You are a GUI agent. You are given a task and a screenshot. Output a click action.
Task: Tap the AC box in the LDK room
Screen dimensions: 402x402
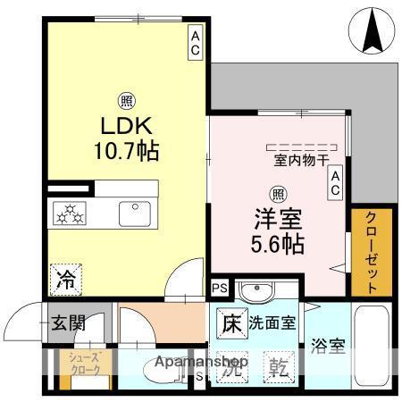click(x=194, y=43)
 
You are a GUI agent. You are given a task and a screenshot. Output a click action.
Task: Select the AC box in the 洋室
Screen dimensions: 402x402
click(x=336, y=184)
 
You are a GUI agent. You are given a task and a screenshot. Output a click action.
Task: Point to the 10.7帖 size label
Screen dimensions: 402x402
click(x=128, y=151)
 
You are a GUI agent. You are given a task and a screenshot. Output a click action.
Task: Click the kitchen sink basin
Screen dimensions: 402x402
click(x=135, y=214)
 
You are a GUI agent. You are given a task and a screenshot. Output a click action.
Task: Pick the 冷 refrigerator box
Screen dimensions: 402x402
click(x=66, y=278)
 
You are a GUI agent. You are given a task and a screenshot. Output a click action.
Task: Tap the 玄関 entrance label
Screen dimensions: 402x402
click(x=67, y=321)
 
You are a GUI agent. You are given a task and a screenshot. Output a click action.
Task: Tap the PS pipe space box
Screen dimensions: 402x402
click(x=219, y=287)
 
